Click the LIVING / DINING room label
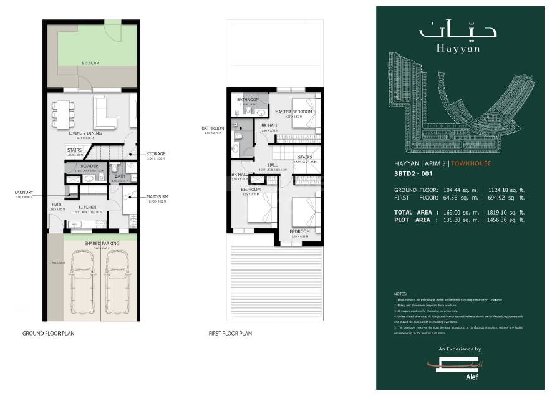[x=86, y=133]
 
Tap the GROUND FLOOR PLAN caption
[x=49, y=334]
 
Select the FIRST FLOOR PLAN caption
[x=230, y=334]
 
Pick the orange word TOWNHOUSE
[x=471, y=163]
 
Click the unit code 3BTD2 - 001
[x=414, y=175]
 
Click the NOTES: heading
[x=400, y=293]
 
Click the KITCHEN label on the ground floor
[x=87, y=207]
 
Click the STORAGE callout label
[x=156, y=153]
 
